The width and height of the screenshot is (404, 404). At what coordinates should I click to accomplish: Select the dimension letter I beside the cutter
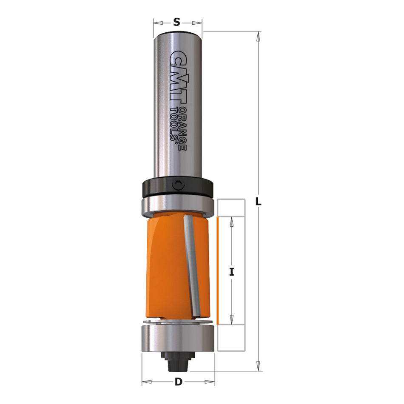pyautogui.click(x=232, y=271)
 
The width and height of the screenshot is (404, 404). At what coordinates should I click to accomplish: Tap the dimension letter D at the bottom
pyautogui.click(x=178, y=382)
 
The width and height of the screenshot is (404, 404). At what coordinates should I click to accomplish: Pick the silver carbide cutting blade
pyautogui.click(x=193, y=266)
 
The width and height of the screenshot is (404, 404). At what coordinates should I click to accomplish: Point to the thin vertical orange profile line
pyautogui.click(x=217, y=270)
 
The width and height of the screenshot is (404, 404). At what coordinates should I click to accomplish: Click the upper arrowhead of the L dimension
pyautogui.click(x=258, y=36)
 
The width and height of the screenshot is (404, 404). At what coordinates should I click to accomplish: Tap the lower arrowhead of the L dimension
pyautogui.click(x=258, y=367)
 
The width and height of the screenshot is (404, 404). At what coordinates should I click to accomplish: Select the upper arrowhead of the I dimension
pyautogui.click(x=232, y=220)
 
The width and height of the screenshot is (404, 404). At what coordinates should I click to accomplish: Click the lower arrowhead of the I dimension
pyautogui.click(x=232, y=320)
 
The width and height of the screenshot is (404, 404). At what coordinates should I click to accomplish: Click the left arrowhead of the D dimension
pyautogui.click(x=145, y=382)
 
